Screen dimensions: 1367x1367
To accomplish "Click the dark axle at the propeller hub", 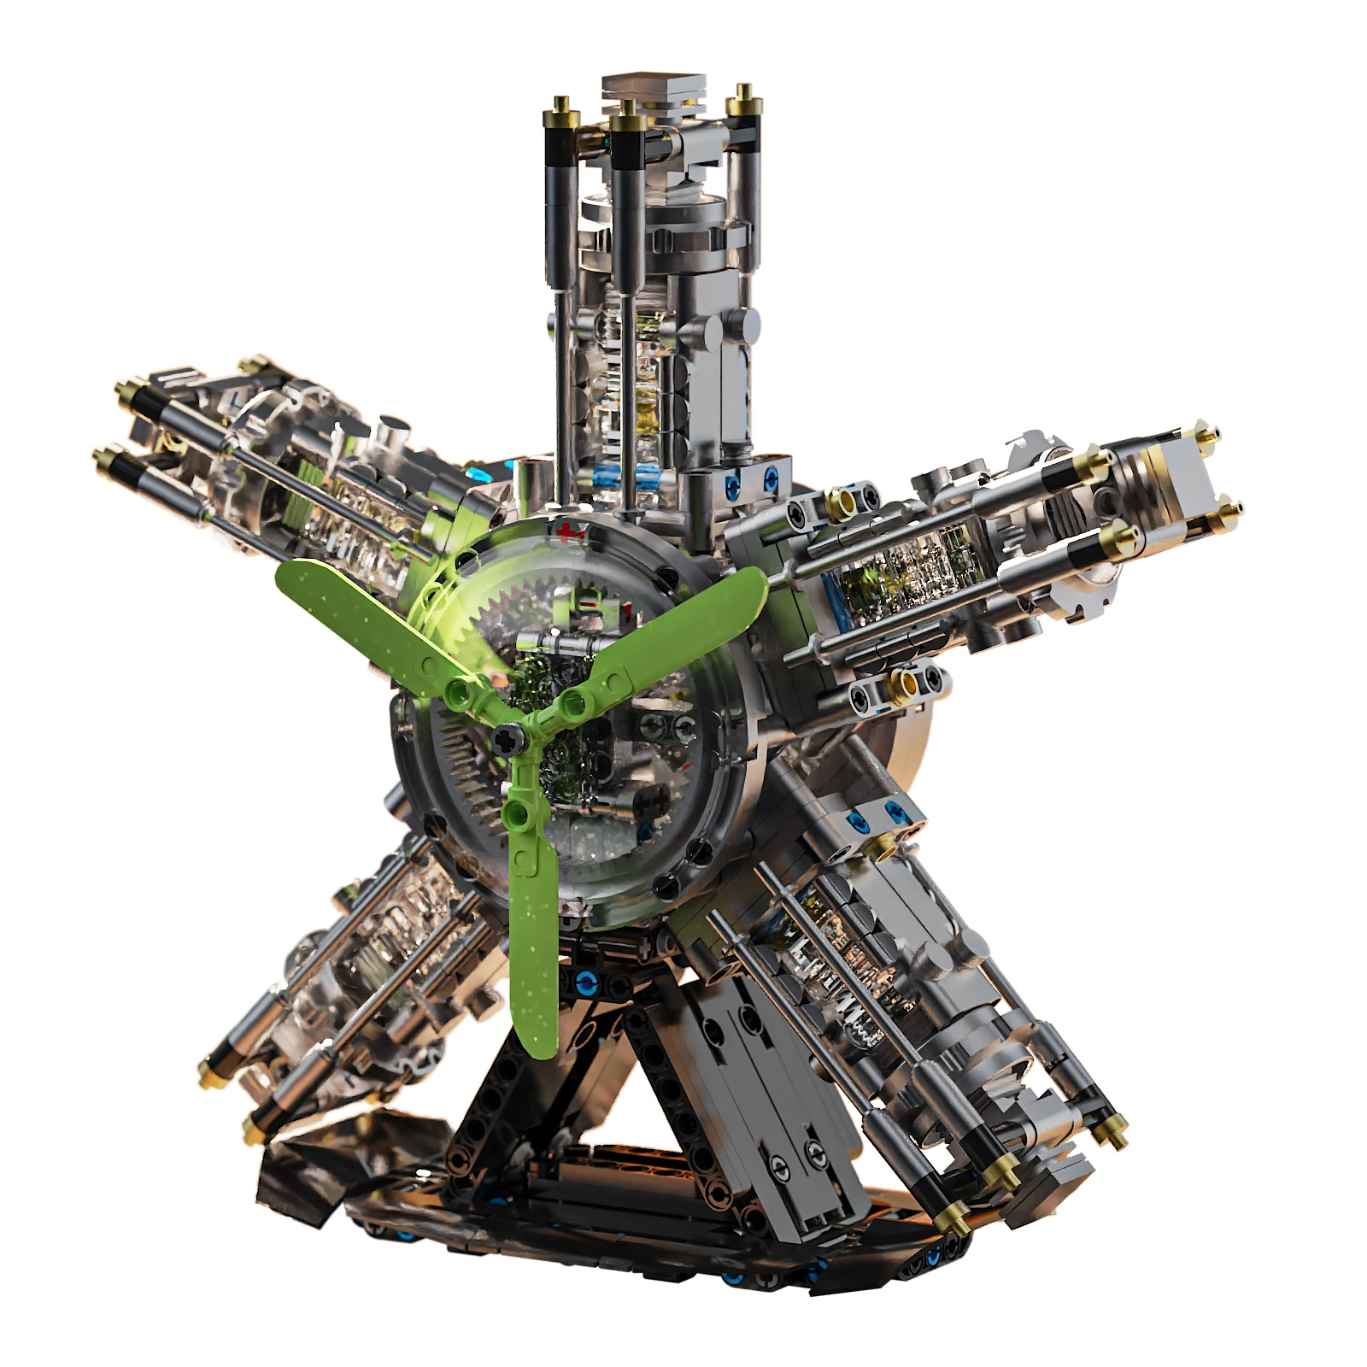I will tap(506, 737).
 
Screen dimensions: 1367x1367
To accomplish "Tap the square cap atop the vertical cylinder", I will tap(654, 89).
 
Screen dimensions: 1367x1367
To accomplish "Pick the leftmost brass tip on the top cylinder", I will tap(561, 106).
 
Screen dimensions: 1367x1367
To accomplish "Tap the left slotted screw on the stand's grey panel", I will tap(777, 1170).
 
